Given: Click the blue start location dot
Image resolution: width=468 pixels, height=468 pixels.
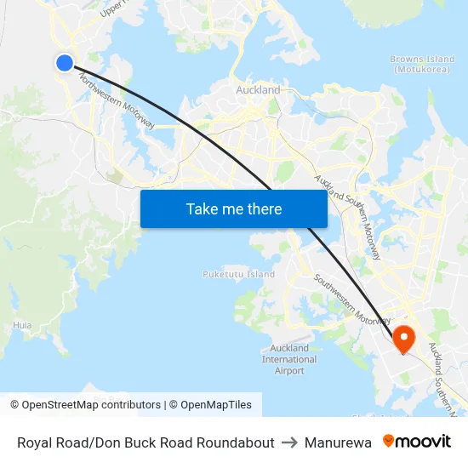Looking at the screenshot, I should pos(65,62).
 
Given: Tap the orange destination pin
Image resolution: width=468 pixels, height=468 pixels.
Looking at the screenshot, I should pos(402,339).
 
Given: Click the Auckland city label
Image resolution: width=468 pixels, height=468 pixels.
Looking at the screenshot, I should pos(258,89).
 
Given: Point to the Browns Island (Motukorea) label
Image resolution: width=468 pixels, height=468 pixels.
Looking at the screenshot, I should pos(422,64).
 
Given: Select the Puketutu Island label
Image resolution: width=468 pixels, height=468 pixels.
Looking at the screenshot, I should pos(238,274).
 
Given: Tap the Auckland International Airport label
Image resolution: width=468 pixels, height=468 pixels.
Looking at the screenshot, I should pos(289,359).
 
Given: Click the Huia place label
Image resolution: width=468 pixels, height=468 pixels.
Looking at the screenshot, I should pos(22,325).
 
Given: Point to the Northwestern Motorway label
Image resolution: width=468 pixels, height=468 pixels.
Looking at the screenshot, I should pos(117,100).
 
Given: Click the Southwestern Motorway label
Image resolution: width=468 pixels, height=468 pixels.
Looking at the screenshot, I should pos(351,299).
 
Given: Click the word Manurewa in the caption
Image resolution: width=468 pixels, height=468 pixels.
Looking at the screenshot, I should pos(338,442).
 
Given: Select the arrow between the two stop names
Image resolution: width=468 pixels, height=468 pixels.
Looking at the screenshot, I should pos(288,442).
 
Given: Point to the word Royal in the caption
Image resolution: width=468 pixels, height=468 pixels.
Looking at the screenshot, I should pos(35,442).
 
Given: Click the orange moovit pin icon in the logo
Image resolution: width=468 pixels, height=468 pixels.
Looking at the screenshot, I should pos(389,442).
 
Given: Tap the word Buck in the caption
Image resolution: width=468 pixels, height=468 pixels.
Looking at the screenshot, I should pos(134,442).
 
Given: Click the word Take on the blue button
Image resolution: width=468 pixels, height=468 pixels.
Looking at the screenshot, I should pos(203,208).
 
